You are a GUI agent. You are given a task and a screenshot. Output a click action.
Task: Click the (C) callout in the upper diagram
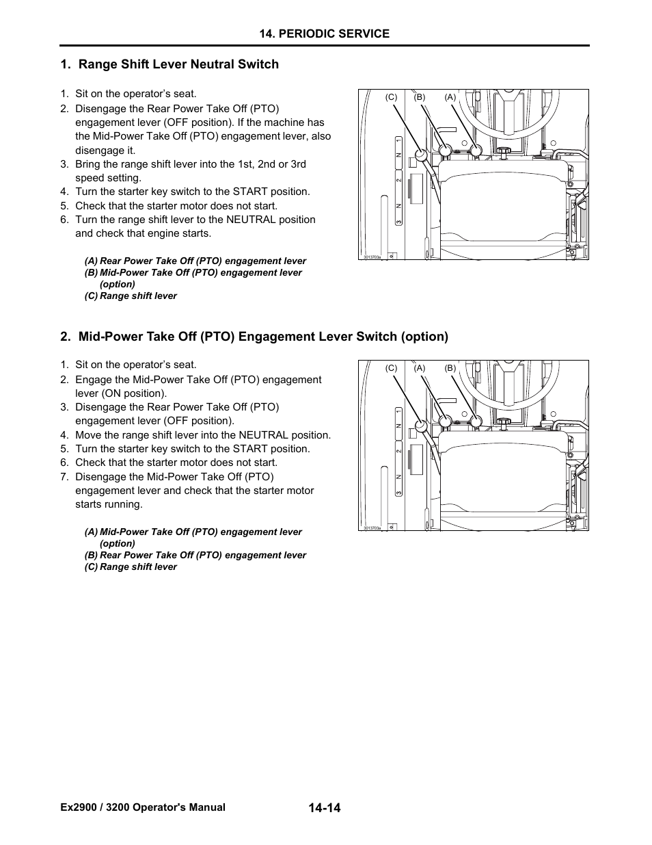click(391, 97)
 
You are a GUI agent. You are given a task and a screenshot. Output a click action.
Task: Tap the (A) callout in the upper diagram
click(450, 97)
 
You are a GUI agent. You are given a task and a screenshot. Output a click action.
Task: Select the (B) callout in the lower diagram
click(450, 368)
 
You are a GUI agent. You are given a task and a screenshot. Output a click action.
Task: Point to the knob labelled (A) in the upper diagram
click(476, 150)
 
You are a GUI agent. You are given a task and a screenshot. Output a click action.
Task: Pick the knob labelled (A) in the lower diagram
click(445, 421)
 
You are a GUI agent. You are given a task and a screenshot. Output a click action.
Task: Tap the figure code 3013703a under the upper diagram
click(372, 257)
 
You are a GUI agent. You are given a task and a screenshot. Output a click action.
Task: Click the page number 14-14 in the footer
click(324, 808)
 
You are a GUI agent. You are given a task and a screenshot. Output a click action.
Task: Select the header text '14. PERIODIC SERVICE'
click(325, 34)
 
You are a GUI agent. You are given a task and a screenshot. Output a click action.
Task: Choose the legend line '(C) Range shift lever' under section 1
click(131, 296)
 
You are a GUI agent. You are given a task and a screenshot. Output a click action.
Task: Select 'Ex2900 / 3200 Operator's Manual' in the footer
click(143, 807)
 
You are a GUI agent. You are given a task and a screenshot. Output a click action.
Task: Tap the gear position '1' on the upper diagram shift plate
click(397, 140)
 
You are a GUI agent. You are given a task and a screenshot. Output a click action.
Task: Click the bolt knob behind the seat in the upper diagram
click(504, 151)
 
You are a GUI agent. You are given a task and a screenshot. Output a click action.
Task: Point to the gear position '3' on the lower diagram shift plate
click(397, 493)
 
